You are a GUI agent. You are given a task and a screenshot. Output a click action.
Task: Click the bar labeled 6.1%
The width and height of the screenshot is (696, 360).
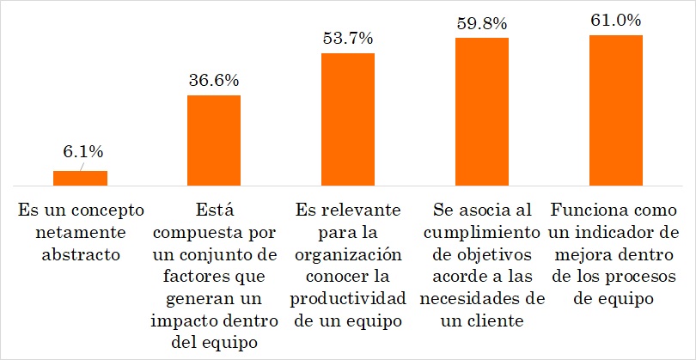tap(80, 178)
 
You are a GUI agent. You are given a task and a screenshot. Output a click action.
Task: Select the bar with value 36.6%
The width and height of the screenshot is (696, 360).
tap(214, 140)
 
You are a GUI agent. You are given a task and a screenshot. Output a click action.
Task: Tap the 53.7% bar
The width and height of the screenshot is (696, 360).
tap(348, 119)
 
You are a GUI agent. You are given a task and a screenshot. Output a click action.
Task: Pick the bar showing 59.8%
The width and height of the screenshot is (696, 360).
tap(481, 112)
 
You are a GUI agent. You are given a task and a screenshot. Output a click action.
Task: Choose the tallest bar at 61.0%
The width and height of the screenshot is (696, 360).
tap(615, 110)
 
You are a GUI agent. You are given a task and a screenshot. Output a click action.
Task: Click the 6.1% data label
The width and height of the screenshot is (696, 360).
tap(82, 152)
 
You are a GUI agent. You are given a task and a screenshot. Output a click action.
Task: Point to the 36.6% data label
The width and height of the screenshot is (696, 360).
tap(213, 80)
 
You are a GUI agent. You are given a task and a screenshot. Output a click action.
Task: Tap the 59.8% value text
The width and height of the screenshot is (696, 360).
tap(481, 23)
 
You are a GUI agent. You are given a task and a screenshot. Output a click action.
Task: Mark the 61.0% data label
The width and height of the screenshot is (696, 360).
tap(615, 20)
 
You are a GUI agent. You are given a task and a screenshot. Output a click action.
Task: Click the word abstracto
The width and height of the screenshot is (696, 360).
tap(81, 254)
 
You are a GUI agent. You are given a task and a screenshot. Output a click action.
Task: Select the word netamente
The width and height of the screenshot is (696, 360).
tap(81, 232)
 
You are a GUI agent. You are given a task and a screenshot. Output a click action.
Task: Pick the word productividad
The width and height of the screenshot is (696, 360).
tap(347, 300)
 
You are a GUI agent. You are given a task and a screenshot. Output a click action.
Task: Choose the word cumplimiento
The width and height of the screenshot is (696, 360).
tap(481, 232)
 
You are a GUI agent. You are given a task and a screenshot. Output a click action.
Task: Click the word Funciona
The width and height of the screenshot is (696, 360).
tap(589, 210)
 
